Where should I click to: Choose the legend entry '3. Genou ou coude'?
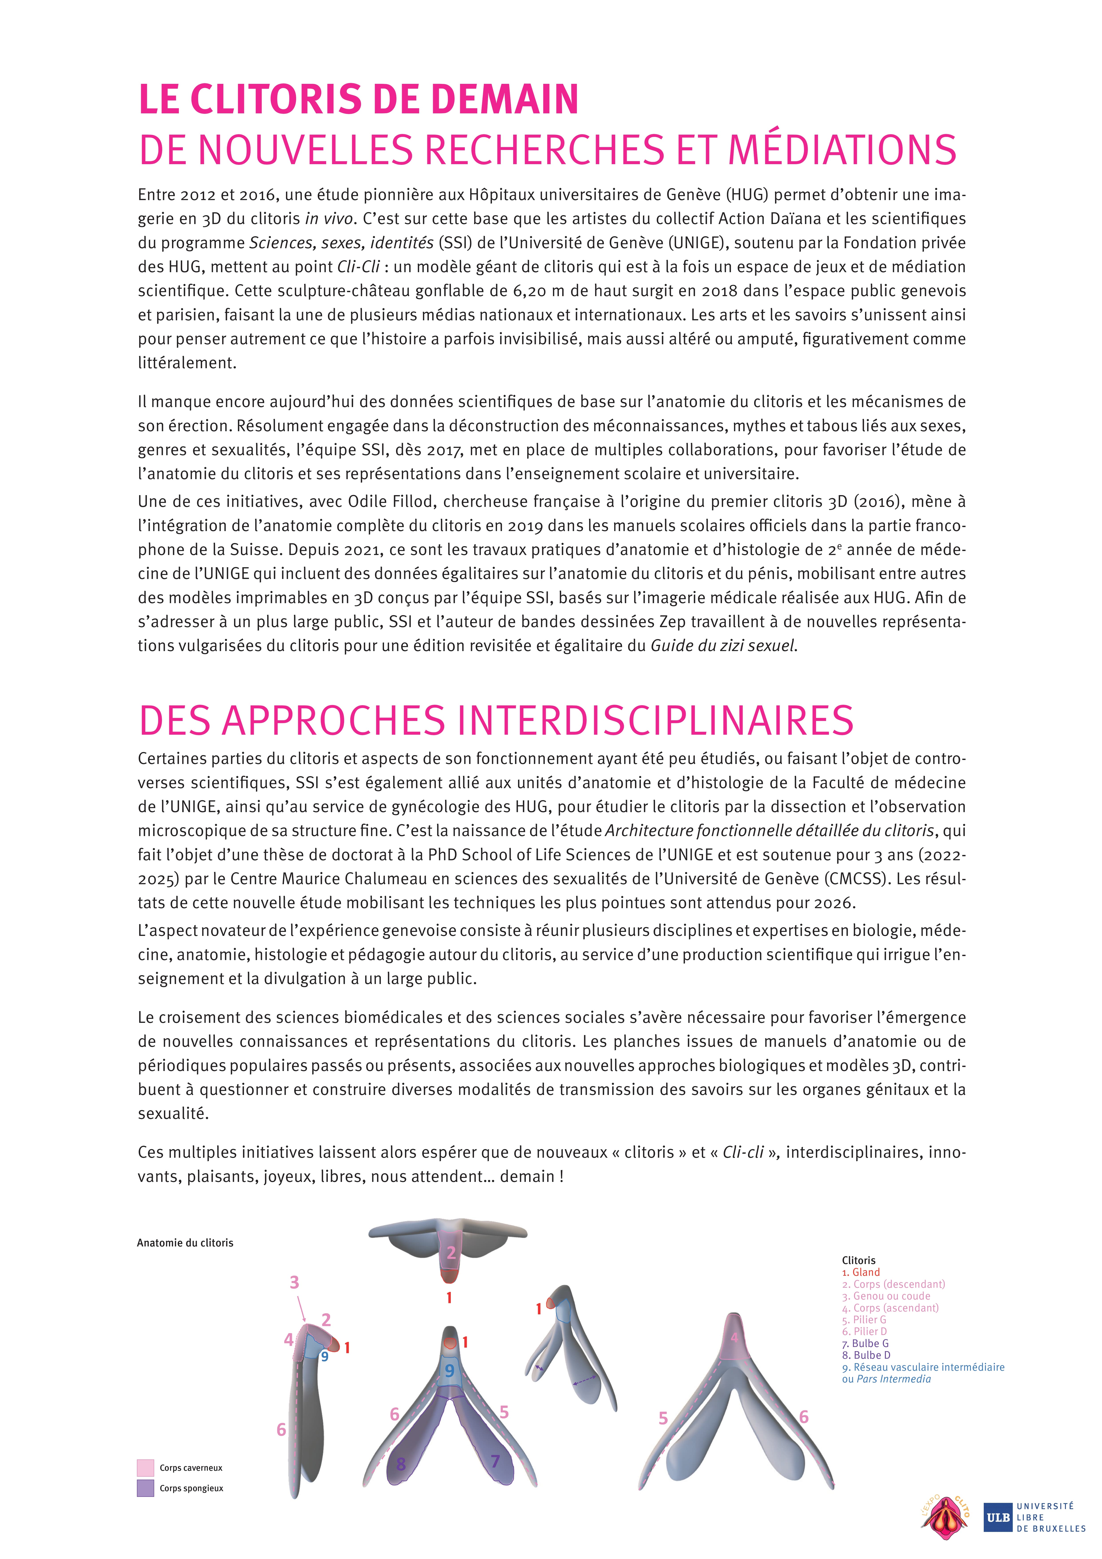click(886, 1296)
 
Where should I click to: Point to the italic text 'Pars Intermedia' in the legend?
click(893, 1379)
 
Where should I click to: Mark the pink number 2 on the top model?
click(450, 1253)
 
